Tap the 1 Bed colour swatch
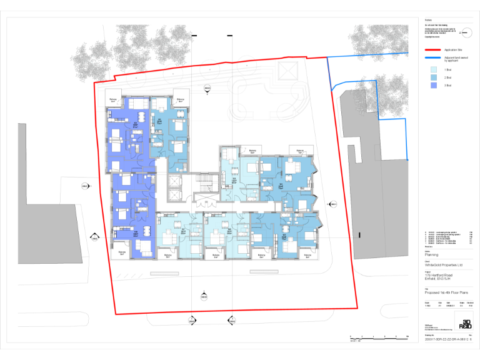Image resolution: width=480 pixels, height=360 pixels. [x=434, y=70]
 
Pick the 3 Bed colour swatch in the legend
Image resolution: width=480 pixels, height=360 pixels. [x=434, y=84]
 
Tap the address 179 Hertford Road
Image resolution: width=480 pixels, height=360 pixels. [x=438, y=276]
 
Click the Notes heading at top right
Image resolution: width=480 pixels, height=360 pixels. [x=428, y=19]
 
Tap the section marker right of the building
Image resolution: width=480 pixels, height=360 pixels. [x=333, y=204]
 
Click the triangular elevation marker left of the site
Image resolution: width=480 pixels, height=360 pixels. [x=94, y=237]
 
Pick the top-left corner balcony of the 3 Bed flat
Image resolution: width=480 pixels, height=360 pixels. [x=113, y=100]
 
